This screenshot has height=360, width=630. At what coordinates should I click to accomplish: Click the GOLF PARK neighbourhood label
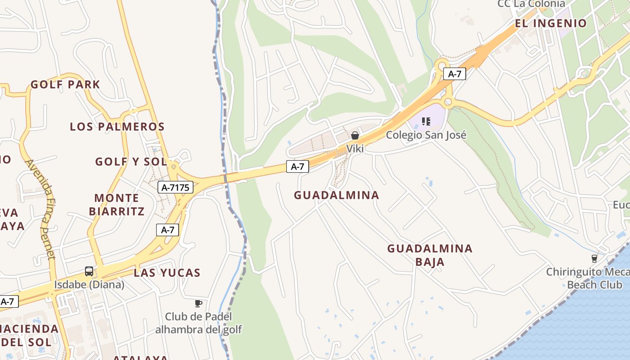pos(65,85)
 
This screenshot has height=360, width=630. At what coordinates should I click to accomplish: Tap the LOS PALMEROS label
pos(117,127)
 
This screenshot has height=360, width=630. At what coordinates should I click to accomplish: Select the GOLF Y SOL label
pos(131,162)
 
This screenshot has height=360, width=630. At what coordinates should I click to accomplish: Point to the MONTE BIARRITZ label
pos(117,205)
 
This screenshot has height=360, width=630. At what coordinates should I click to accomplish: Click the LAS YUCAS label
pos(167,273)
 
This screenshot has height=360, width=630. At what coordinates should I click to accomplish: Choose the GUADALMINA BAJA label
pos(430,255)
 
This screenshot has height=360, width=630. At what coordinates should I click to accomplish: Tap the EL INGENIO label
pos(551,23)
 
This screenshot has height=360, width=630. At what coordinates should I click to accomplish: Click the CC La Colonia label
pos(531,4)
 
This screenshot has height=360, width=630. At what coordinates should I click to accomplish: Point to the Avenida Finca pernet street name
pos(41,209)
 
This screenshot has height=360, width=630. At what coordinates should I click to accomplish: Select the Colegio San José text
pos(426,135)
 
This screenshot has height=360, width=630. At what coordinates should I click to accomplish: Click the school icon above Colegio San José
pos(426,121)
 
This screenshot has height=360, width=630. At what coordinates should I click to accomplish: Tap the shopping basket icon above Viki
pos(355,135)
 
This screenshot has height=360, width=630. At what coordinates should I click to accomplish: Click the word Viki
pos(355,148)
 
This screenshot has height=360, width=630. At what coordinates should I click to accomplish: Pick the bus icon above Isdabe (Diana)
pos(89,271)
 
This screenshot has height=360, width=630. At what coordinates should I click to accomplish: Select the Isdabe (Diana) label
pos(89,285)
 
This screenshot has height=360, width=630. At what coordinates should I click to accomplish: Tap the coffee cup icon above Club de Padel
pos(198,303)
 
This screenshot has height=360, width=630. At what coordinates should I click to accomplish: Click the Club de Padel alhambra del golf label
pos(198,323)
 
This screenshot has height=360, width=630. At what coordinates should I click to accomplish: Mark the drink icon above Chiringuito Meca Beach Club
pos(594,258)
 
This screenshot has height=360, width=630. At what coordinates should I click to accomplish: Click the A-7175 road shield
pos(175,187)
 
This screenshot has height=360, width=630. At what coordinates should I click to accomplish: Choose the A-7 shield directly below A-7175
pos(168,230)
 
